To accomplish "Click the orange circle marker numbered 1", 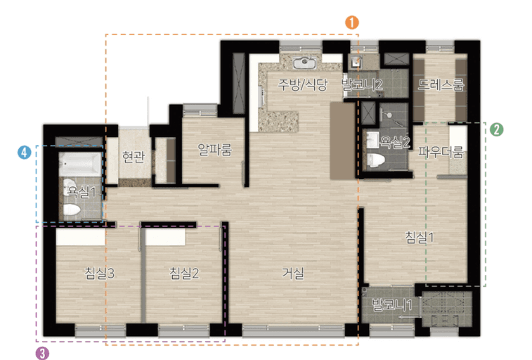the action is click(352, 22).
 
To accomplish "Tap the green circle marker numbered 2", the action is click(496, 129).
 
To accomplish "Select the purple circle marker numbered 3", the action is click(42, 353).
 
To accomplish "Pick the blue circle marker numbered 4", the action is click(25, 153).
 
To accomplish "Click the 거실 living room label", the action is click(293, 273).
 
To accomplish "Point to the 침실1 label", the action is click(420, 237).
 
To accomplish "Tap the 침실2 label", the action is click(184, 273).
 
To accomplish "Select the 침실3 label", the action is click(99, 273).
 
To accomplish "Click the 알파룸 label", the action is click(215, 149).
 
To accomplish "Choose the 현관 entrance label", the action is click(134, 157).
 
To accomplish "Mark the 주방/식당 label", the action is click(303, 84).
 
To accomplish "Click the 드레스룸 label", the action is click(441, 84).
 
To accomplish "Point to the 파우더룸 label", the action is click(441, 152).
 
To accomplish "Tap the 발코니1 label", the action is click(392, 304).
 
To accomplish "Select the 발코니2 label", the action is click(362, 84).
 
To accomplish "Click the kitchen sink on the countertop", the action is click(305, 63).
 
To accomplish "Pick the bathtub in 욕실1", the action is click(80, 164).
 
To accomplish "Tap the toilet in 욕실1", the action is click(72, 210).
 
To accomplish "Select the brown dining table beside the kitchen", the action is click(342, 140).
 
